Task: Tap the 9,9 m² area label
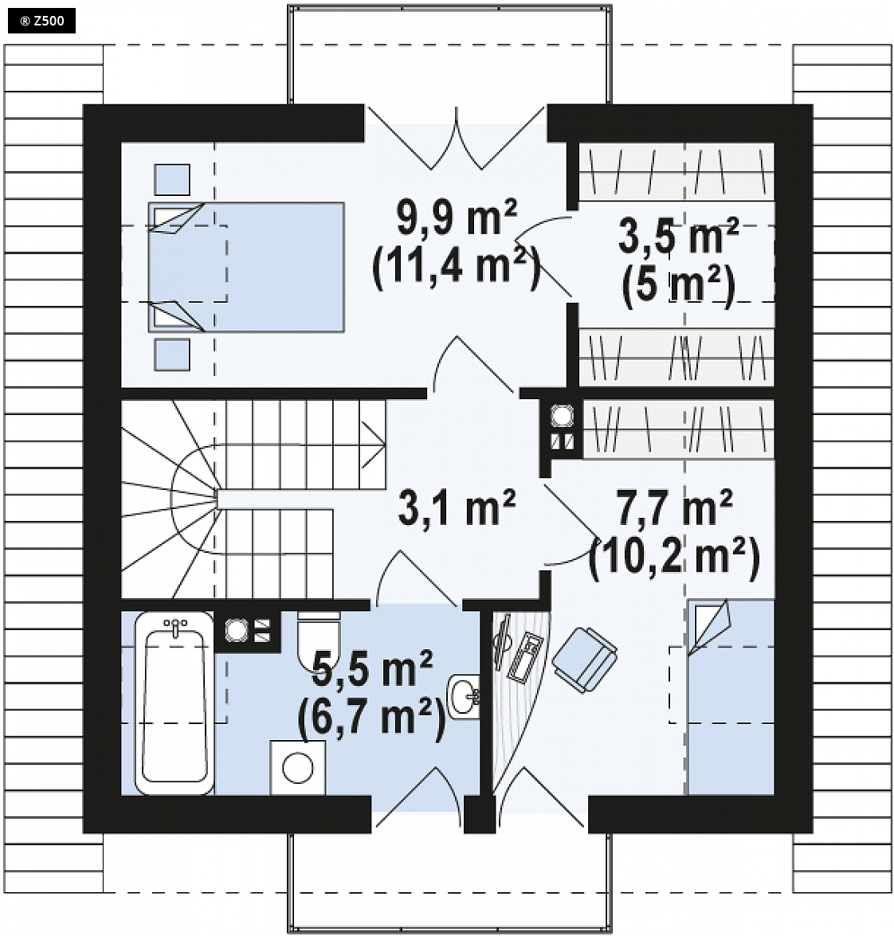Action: pyautogui.click(x=457, y=218)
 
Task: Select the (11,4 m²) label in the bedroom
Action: pyautogui.click(x=456, y=265)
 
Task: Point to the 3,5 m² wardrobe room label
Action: pyautogui.click(x=678, y=237)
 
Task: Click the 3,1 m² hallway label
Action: pyautogui.click(x=457, y=508)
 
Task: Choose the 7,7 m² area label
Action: pyautogui.click(x=674, y=508)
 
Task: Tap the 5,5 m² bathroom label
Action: pyautogui.click(x=373, y=670)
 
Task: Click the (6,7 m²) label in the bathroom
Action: pyautogui.click(x=371, y=717)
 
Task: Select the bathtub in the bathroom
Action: pyautogui.click(x=174, y=703)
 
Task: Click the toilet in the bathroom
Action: pyautogui.click(x=318, y=637)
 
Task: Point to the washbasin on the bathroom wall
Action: pyautogui.click(x=464, y=697)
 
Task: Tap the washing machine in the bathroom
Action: pyautogui.click(x=297, y=768)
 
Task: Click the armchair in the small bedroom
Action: pyautogui.click(x=585, y=660)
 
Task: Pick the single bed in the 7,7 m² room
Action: pyautogui.click(x=731, y=697)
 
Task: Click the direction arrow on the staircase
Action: pyautogui.click(x=373, y=445)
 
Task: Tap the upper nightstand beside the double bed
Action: pyautogui.click(x=172, y=180)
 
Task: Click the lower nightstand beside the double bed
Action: pyautogui.click(x=172, y=354)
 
